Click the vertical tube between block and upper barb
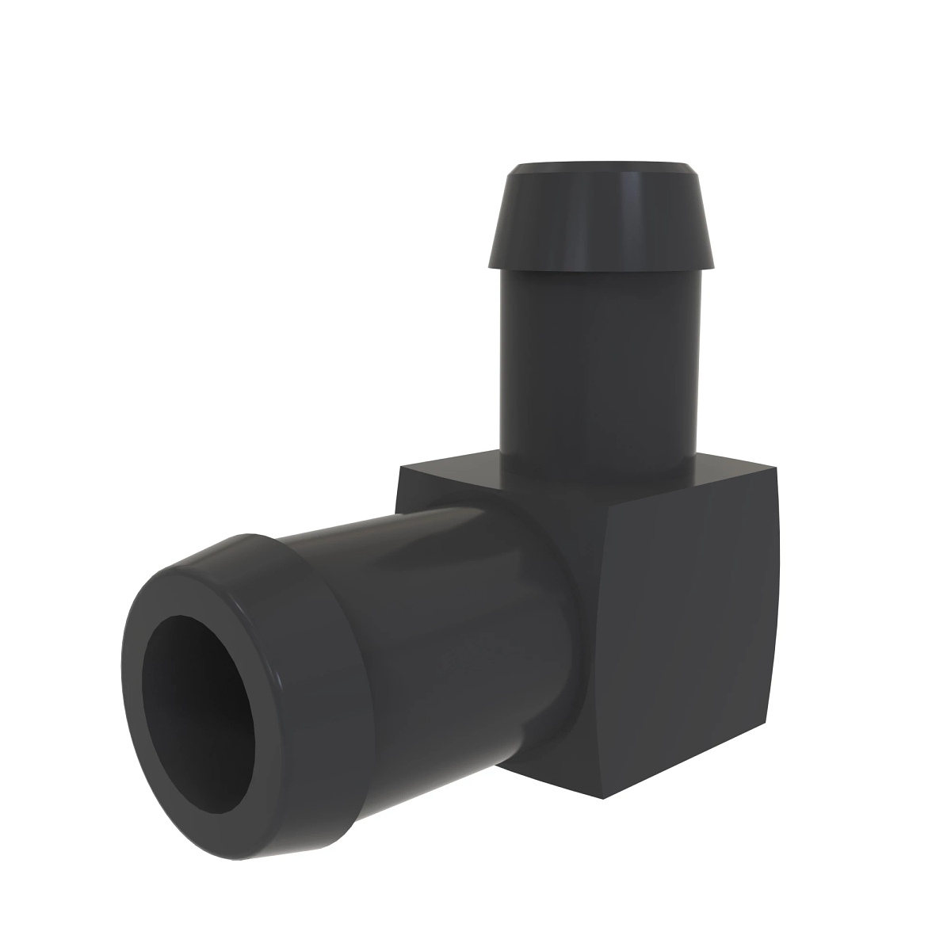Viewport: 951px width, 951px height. point(598,365)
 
